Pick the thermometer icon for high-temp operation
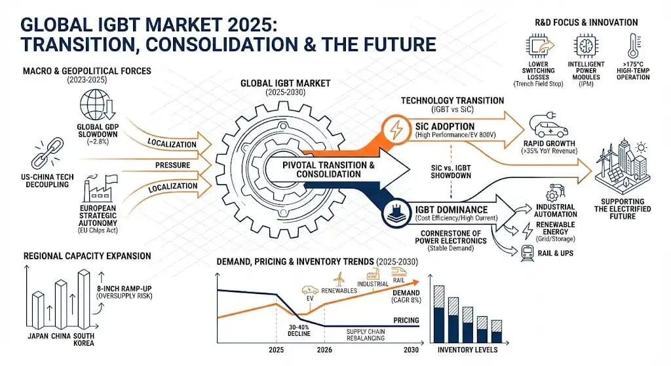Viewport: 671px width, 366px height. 632,48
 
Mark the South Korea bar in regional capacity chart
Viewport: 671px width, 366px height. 85,301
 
